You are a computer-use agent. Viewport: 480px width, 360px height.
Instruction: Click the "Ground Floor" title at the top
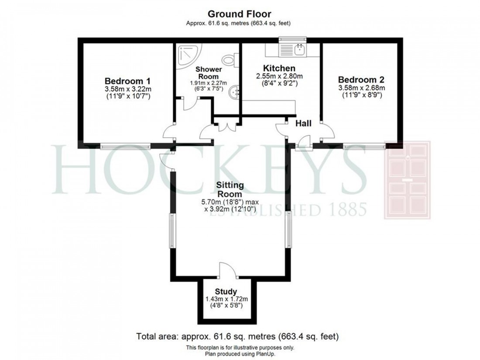(240, 14)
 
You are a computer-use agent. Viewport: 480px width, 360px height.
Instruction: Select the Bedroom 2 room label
(361, 80)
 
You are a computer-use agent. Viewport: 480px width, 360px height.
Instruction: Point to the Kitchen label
(279, 68)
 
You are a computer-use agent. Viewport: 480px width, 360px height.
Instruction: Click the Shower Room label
(208, 73)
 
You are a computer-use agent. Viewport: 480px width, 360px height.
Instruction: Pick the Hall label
(303, 124)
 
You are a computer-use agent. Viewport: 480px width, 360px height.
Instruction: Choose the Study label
(226, 291)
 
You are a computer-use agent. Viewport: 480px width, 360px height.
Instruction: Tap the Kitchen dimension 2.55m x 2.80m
(279, 76)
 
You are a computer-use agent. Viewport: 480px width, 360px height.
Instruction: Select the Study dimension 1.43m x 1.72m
(226, 299)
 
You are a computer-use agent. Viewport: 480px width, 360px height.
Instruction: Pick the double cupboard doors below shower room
(226, 127)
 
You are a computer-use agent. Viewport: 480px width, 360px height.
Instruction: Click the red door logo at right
(407, 180)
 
